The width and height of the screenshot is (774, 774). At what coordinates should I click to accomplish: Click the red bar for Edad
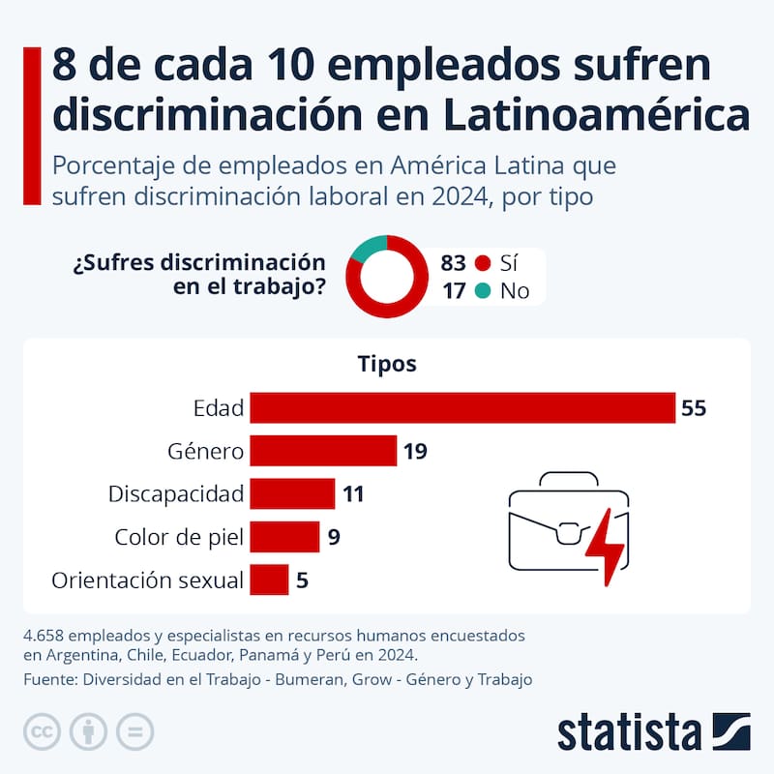pos(461,408)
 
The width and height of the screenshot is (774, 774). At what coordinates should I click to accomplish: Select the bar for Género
pos(323,451)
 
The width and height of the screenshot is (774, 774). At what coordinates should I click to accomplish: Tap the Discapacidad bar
pos(292,493)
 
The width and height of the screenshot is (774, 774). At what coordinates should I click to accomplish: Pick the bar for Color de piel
pos(284,536)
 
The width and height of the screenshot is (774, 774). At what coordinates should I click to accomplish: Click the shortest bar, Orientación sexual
pos(269,580)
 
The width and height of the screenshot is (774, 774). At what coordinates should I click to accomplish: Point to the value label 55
pos(694,408)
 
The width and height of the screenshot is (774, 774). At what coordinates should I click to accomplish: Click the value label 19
pos(416,451)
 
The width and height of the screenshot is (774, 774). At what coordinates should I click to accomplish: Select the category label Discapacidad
pos(175,493)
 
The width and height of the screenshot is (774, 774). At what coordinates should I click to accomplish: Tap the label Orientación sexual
pos(147,580)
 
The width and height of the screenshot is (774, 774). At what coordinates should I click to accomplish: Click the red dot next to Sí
pos(484,263)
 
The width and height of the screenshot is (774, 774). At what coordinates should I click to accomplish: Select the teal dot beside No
pos(484,290)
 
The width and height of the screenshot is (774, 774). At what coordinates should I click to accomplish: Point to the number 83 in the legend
pos(453,263)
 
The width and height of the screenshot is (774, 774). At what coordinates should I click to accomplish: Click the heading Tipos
pos(387,364)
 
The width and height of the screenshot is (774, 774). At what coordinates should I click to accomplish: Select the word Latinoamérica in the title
pos(596,113)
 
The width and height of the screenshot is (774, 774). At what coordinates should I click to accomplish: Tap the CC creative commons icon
pos(42,730)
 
